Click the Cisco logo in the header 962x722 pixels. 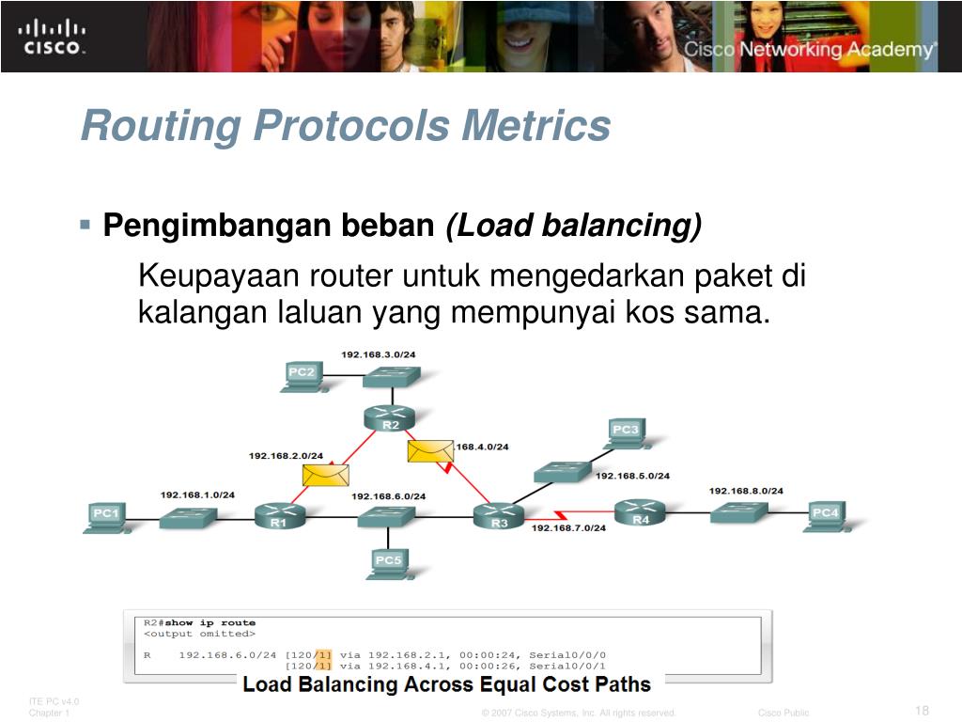(53, 36)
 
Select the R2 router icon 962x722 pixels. (390, 416)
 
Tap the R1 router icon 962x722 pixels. (279, 515)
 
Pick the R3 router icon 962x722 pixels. (498, 514)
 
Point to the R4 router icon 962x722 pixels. (640, 512)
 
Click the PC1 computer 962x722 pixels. (105, 515)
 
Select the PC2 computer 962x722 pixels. (302, 375)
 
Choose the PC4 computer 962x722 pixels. (824, 514)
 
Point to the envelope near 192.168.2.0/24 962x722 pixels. (325, 474)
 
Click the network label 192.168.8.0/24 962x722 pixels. (746, 491)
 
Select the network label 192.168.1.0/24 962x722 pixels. (197, 494)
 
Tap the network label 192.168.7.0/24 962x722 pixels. (568, 527)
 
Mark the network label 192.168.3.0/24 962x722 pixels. (378, 354)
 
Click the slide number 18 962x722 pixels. (921, 710)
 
